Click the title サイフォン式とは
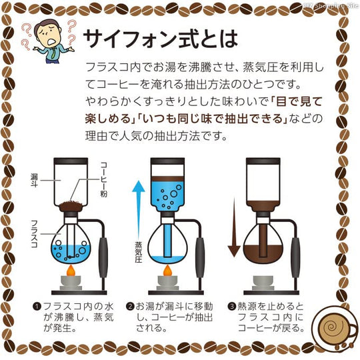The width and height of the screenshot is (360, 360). [x=160, y=38]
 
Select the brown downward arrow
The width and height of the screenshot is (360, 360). [x=233, y=220]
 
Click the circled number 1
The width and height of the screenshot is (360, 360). [x=38, y=306]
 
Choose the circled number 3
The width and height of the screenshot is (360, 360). [x=231, y=306]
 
